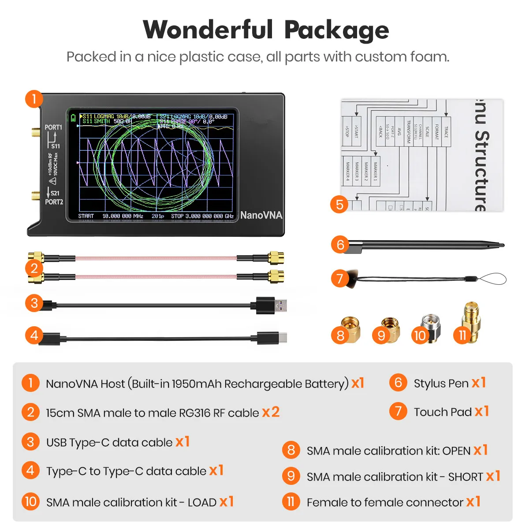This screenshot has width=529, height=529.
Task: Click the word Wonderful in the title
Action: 208,30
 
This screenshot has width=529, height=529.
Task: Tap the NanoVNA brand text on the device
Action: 261,215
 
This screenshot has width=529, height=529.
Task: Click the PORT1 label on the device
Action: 53,127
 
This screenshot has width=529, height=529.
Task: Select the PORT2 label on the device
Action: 54,202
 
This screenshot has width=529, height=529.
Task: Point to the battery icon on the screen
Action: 73,118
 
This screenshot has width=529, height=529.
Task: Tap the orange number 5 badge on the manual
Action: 339,205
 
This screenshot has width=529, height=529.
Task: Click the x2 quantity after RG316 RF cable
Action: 271,412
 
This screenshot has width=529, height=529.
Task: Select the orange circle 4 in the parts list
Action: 30,470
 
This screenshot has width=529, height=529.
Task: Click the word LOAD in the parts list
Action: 202,503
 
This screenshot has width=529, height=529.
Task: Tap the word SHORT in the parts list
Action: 466,477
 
